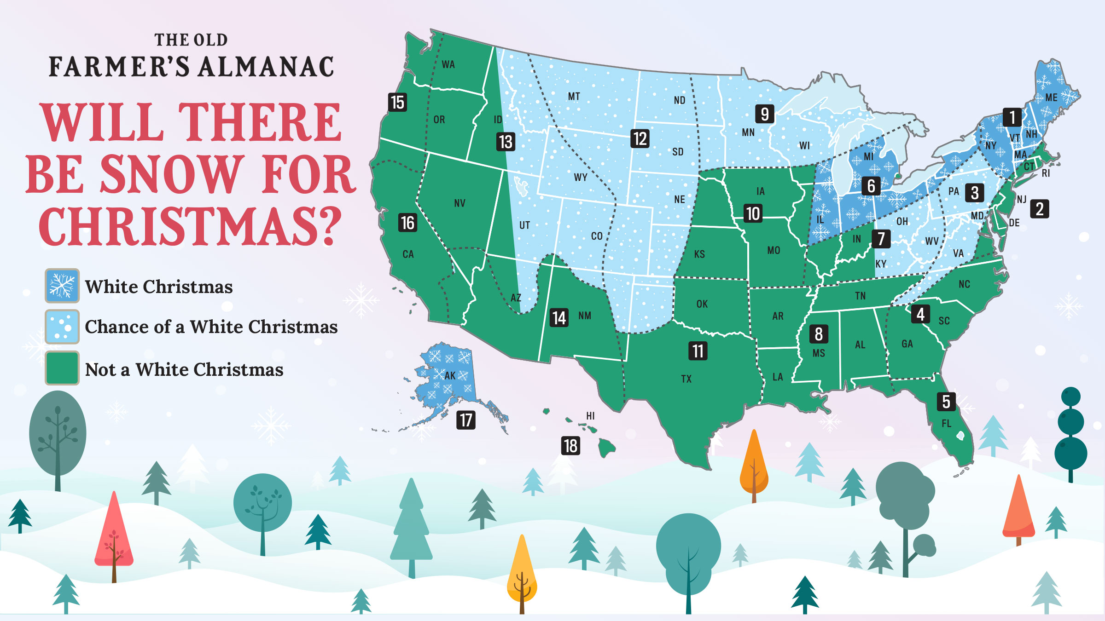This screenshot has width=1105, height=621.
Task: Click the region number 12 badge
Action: (x=640, y=138)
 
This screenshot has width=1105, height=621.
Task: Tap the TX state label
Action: (x=686, y=379)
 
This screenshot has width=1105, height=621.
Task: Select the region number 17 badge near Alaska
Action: (x=465, y=420)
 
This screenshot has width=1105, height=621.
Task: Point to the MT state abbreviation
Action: (x=574, y=97)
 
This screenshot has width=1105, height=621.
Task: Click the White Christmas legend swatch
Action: (x=62, y=286)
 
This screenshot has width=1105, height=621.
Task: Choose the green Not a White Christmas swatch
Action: (x=62, y=368)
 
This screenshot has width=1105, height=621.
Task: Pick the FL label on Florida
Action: (x=946, y=423)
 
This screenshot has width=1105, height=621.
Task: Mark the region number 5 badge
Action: (x=946, y=402)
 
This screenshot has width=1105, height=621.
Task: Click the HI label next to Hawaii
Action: (x=590, y=416)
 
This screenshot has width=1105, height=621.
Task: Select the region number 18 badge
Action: (x=570, y=446)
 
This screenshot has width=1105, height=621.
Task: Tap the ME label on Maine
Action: (x=1051, y=98)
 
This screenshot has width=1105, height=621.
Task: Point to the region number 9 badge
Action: (x=764, y=114)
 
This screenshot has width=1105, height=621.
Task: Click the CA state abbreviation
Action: (x=408, y=254)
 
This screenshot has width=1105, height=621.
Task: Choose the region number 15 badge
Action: (x=397, y=102)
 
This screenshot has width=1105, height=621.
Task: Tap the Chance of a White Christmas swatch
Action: (x=62, y=327)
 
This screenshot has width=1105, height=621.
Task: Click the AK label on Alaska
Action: (x=450, y=375)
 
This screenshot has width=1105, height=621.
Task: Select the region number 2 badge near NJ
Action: (x=1040, y=209)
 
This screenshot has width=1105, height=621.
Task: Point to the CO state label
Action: (x=597, y=236)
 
